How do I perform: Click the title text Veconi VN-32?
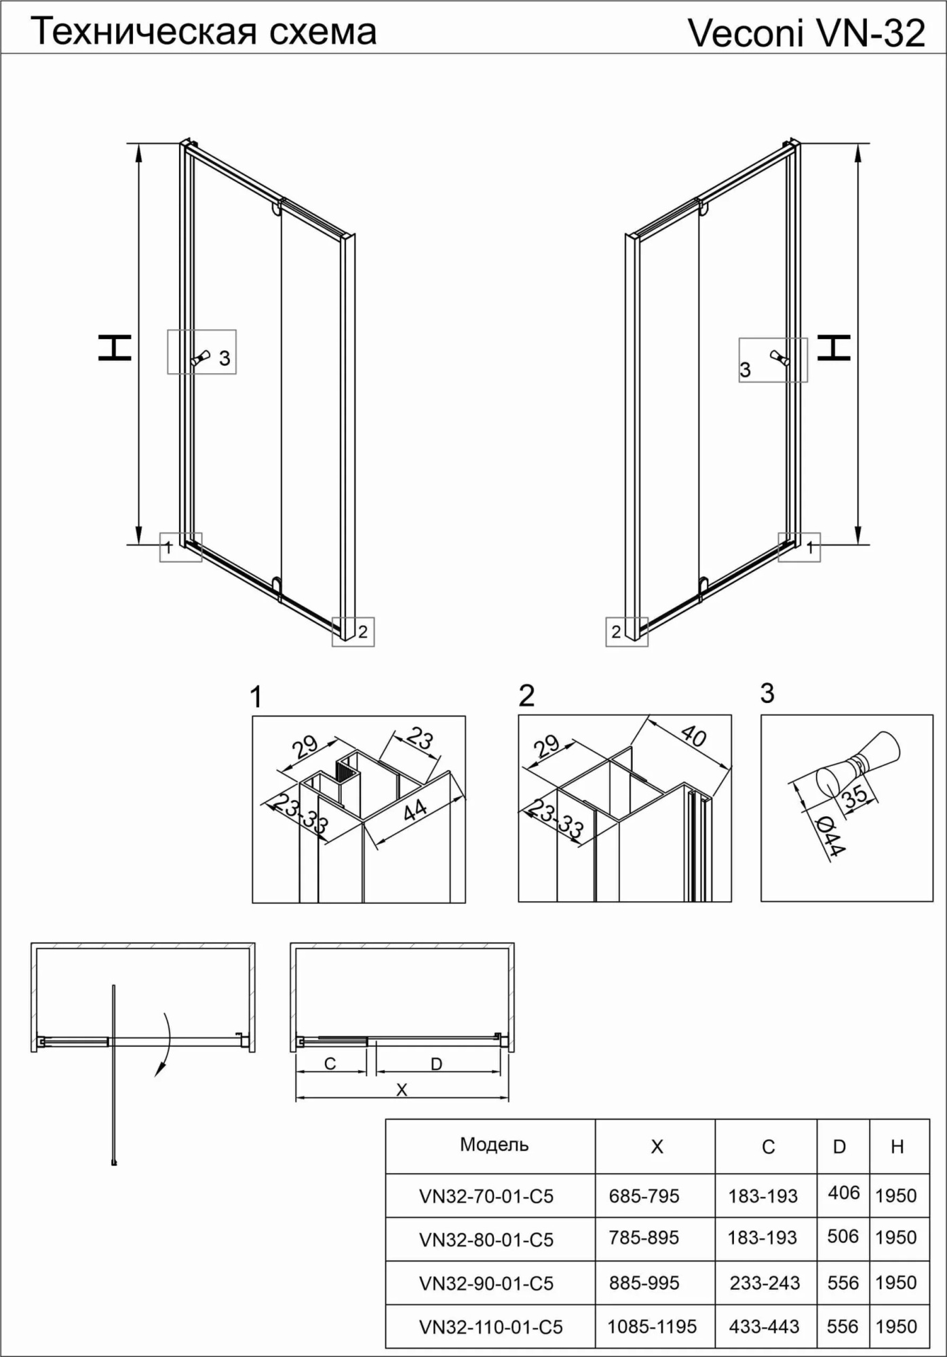[x=806, y=33]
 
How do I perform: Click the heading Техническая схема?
[x=204, y=31]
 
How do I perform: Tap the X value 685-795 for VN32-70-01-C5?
[x=644, y=1196]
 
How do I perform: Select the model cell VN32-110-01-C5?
[x=490, y=1326]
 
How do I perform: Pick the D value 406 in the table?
[x=843, y=1192]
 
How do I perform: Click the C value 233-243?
[x=765, y=1283]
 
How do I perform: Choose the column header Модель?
[x=494, y=1145]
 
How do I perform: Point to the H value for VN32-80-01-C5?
[x=895, y=1238]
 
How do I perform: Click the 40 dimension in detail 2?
[x=693, y=735]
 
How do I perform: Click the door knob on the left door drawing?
[x=201, y=358]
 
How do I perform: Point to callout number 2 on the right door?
[x=616, y=632]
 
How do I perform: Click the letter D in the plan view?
[x=436, y=1064]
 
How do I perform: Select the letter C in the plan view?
[x=330, y=1063]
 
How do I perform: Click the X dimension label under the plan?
[x=402, y=1090]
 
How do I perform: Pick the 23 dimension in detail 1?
[x=420, y=738]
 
